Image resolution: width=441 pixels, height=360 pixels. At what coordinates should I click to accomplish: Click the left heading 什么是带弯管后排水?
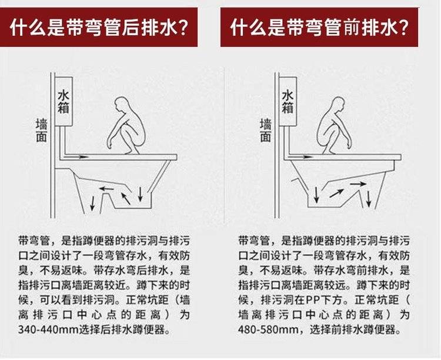click(99, 27)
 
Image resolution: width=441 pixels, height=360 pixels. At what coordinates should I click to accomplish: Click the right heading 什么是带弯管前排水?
click(319, 27)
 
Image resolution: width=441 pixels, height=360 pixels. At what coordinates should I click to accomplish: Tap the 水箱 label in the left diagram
click(64, 101)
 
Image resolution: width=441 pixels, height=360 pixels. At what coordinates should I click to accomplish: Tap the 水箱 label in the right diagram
click(288, 101)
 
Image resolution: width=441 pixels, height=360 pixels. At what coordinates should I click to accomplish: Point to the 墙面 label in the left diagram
click(41, 131)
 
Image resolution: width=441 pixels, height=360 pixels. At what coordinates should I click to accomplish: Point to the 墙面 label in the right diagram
click(266, 131)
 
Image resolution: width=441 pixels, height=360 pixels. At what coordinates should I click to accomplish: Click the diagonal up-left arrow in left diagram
click(126, 198)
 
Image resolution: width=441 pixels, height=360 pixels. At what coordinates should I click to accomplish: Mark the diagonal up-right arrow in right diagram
click(336, 193)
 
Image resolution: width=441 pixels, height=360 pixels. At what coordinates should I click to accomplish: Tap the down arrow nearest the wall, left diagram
click(92, 203)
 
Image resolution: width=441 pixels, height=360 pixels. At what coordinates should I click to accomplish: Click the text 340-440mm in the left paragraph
click(48, 329)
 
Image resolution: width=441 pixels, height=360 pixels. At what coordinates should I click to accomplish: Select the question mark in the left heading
click(183, 28)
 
